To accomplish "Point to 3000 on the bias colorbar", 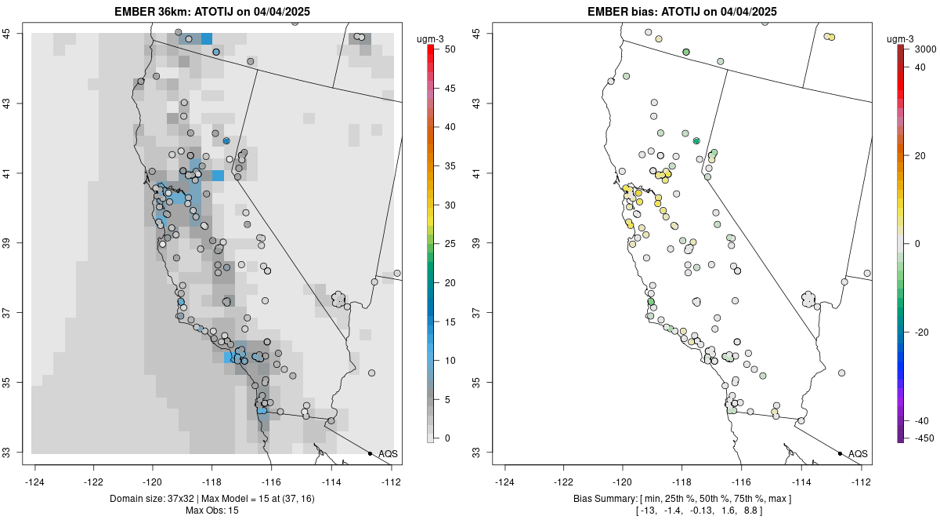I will (x=925, y=49).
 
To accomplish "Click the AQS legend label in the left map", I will (x=388, y=454).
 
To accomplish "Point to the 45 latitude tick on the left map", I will (x=15, y=33).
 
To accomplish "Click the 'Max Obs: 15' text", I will (x=212, y=511).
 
